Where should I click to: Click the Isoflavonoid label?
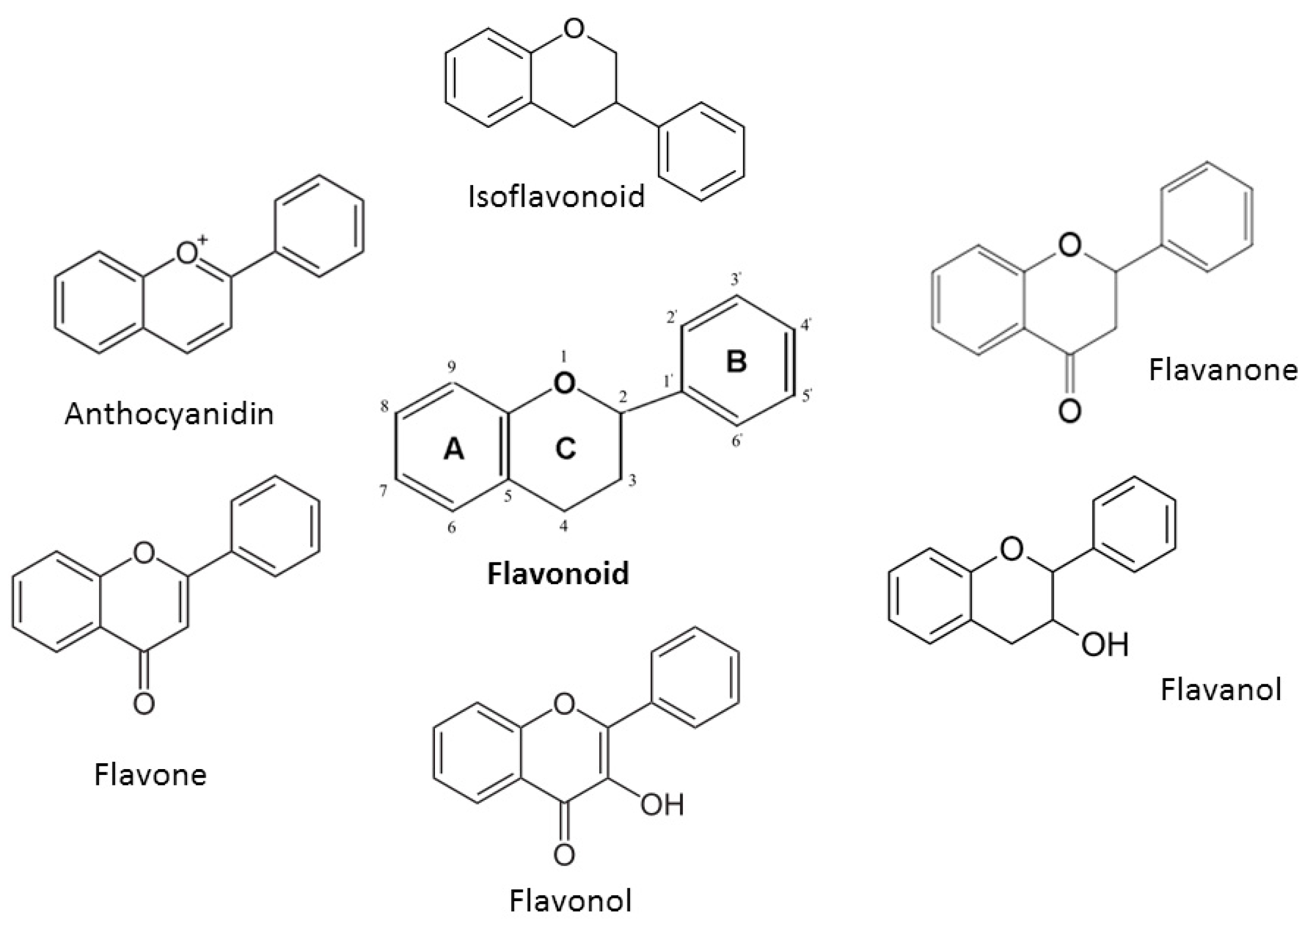tap(556, 196)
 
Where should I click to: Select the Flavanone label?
tap(1223, 369)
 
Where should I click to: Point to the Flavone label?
tap(150, 775)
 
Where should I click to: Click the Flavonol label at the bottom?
tap(571, 902)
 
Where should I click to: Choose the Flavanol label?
tap(1221, 690)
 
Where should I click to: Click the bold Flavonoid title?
tap(558, 574)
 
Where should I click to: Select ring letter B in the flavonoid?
tap(736, 361)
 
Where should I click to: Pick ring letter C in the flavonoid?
tap(565, 449)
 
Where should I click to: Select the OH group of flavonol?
tap(662, 805)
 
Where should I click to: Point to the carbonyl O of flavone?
tap(144, 703)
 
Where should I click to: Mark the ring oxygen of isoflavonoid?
tap(573, 29)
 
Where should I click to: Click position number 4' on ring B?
tap(806, 325)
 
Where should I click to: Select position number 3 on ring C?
tap(632, 481)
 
